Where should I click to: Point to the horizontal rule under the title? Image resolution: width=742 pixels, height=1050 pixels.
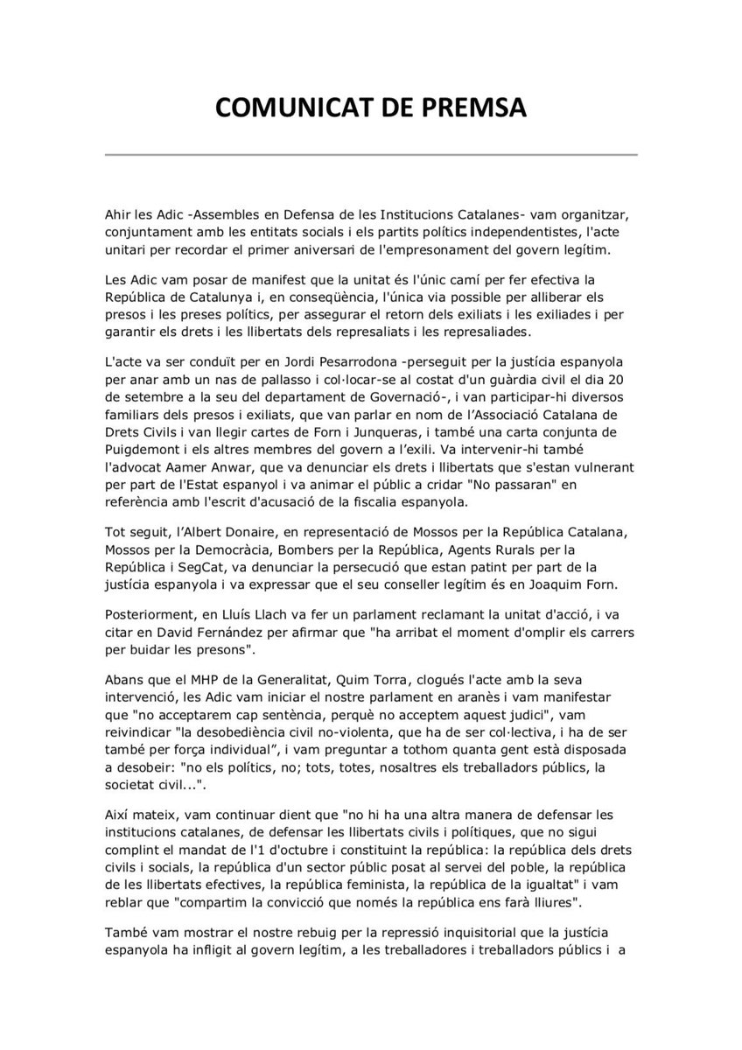[x=371, y=155]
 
